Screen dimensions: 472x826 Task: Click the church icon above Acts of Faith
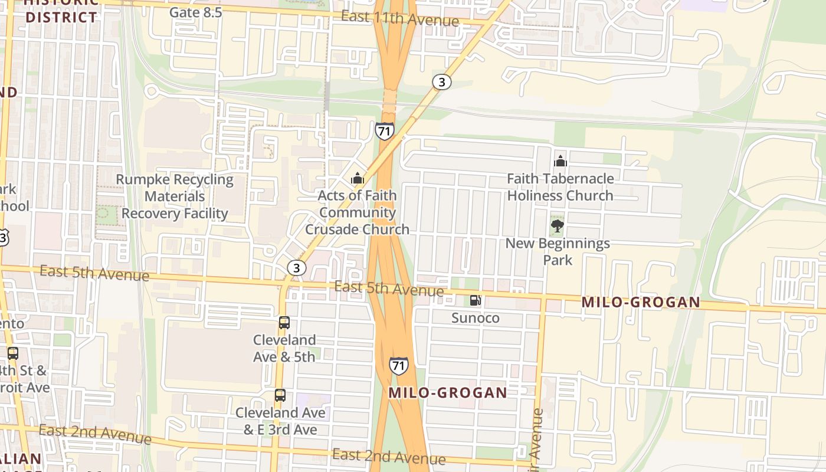(x=358, y=178)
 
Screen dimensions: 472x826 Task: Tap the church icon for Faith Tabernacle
(x=560, y=161)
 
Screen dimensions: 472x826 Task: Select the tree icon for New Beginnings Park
(x=557, y=225)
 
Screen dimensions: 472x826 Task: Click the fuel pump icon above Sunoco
(x=475, y=300)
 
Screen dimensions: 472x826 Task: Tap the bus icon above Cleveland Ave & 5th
(x=284, y=323)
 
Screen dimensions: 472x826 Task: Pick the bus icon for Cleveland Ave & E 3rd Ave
(x=280, y=395)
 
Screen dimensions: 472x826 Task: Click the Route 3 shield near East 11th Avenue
(x=441, y=82)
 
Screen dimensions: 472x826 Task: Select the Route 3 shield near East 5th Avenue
(x=297, y=268)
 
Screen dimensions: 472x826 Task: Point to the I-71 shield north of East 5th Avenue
(x=384, y=130)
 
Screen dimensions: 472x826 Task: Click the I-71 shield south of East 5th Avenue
(x=399, y=365)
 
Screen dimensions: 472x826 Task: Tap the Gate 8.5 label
(x=195, y=12)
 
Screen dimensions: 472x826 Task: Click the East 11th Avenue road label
(x=399, y=18)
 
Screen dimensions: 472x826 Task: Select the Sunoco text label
(x=475, y=318)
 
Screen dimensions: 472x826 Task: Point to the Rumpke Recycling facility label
(x=175, y=196)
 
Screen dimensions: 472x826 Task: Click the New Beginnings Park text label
(x=558, y=251)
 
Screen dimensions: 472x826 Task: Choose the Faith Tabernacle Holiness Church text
(x=560, y=187)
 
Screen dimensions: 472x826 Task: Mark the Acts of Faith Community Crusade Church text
(x=357, y=212)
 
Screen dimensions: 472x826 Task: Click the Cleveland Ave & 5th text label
(x=284, y=348)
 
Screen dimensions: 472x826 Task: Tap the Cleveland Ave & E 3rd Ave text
(x=280, y=421)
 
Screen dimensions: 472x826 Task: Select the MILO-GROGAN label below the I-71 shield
(x=447, y=393)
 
